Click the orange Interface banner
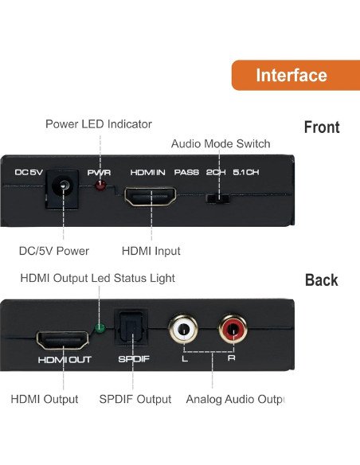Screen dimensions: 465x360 click(292, 76)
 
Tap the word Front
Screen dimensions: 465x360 click(321, 127)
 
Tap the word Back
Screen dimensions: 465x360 click(321, 280)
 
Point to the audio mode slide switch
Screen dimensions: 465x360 click(217, 197)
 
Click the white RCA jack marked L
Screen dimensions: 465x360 click(184, 327)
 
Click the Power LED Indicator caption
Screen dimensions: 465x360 click(99, 124)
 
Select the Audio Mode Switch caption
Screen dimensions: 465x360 click(221, 144)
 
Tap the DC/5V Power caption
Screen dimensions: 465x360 click(54, 251)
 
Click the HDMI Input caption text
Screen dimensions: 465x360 click(151, 251)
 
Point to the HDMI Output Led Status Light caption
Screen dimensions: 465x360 click(97, 278)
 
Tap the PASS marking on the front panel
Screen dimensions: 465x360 click(186, 172)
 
